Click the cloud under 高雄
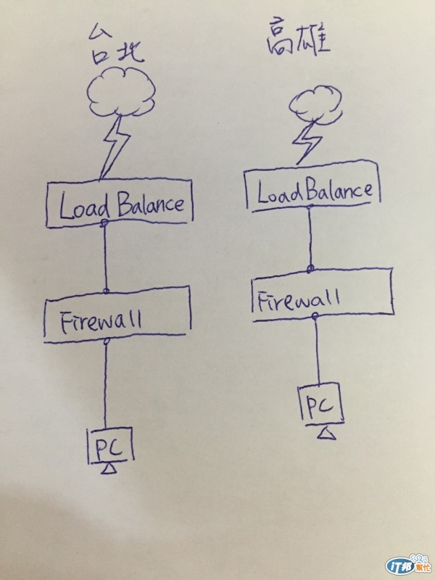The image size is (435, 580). click(312, 104)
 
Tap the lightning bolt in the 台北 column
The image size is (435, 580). click(116, 149)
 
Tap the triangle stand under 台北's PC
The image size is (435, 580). click(109, 470)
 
